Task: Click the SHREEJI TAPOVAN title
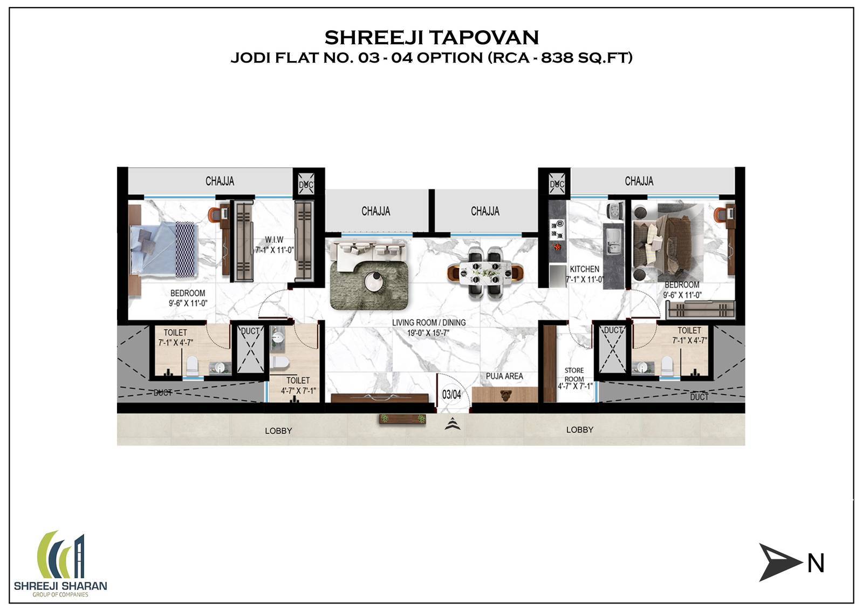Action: (x=432, y=37)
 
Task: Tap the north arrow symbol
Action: (x=780, y=562)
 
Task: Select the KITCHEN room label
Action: (x=584, y=268)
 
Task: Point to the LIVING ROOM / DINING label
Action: (x=428, y=322)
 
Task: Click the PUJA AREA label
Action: (x=504, y=376)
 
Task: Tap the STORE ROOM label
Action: (x=574, y=375)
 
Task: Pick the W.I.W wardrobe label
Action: (x=273, y=240)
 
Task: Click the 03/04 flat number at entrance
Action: (x=451, y=395)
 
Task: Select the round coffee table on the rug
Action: (x=373, y=281)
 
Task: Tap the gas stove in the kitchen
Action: (x=557, y=229)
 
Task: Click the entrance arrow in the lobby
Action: (x=452, y=425)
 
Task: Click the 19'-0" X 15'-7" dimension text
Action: (x=428, y=332)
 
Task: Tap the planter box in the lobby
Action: (x=402, y=419)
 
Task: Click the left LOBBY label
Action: (x=278, y=431)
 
